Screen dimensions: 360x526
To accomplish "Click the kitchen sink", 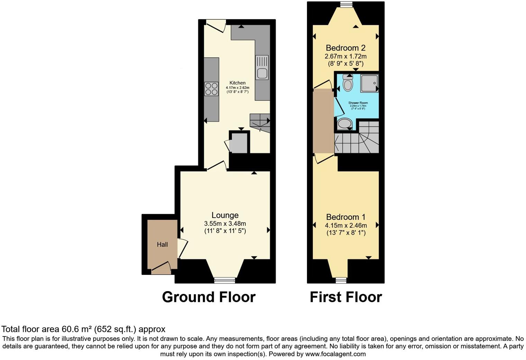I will [x=262, y=68].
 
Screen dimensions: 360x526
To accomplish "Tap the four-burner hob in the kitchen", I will [x=211, y=89].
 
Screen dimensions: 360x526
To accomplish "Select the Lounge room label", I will [x=225, y=215].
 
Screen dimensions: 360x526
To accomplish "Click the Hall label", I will [x=162, y=244].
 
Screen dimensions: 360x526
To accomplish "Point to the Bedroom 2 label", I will [x=345, y=48].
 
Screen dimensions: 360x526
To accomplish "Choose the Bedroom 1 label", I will [x=346, y=217].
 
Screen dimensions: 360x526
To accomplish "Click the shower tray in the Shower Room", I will [x=369, y=83].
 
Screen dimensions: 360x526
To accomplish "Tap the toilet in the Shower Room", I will [x=347, y=83].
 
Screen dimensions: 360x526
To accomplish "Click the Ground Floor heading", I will [x=209, y=297].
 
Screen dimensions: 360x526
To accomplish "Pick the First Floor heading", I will [x=346, y=297].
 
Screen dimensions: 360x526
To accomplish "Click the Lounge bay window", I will [x=225, y=280].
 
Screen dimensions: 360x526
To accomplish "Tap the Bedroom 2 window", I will [x=346, y=4].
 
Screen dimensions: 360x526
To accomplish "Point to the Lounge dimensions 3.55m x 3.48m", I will [x=225, y=224].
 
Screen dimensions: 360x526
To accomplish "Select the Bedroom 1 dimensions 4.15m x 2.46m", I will [x=346, y=225].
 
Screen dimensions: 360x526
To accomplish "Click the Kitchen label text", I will [x=237, y=83].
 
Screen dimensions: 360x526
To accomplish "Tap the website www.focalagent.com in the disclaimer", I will [x=335, y=354].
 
